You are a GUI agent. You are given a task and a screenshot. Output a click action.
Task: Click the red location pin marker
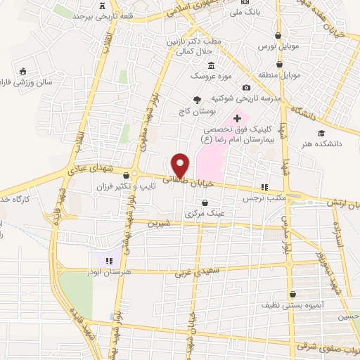pyautogui.click(x=180, y=165)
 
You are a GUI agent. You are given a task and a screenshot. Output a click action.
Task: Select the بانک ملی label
pyautogui.click(x=249, y=11)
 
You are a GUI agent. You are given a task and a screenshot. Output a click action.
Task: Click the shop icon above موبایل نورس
pyautogui.click(x=279, y=35)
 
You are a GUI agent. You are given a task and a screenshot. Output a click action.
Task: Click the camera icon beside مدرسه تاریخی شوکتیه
pyautogui.click(x=246, y=87)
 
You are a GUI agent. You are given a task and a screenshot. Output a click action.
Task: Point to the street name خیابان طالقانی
pyautogui.click(x=159, y=179)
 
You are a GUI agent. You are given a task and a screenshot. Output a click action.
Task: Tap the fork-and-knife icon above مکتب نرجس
pyautogui.click(x=264, y=187)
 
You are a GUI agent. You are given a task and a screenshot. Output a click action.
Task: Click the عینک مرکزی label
pyautogui.click(x=202, y=214)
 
